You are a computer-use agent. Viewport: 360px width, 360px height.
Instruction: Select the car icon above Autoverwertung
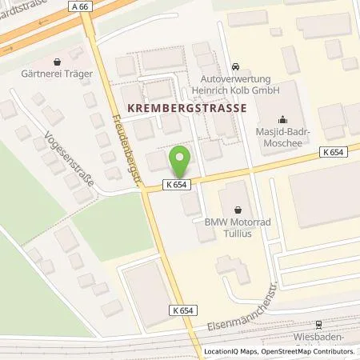(235, 66)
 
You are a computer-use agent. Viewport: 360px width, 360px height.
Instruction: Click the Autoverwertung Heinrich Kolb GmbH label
(236, 86)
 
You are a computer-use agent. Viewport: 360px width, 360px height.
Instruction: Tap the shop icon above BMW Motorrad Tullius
(238, 210)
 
